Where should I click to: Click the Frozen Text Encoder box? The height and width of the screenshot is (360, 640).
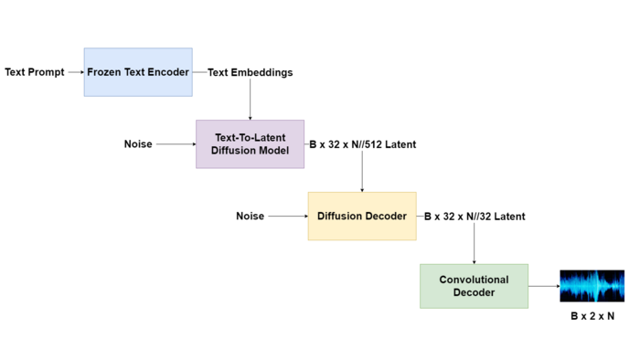pos(138,72)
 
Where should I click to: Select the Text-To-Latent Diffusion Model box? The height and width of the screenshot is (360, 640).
pos(250,143)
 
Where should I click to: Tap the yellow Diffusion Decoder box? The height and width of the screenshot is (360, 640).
pos(361,216)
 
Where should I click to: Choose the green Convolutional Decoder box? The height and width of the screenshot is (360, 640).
pos(474,286)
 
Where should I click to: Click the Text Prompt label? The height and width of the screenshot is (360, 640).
pos(35,72)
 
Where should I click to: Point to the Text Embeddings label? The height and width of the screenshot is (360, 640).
pos(250,72)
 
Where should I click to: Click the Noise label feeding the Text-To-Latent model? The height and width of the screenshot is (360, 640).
pos(138,143)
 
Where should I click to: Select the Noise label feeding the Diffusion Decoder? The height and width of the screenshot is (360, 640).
pos(250,216)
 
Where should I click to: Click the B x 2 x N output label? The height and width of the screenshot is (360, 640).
pos(592,316)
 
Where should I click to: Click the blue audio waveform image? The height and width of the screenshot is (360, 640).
pos(592,286)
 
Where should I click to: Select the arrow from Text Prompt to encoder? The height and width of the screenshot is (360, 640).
pos(75,72)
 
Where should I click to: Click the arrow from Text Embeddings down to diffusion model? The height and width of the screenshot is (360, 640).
pos(250,100)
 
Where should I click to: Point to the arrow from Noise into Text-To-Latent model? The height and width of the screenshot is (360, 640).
pos(176,143)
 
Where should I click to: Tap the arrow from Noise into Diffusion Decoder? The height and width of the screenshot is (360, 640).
pos(287,216)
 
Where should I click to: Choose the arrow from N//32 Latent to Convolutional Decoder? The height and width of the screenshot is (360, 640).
pos(474,242)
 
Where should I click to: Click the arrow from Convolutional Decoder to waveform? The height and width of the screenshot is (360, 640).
pos(543,286)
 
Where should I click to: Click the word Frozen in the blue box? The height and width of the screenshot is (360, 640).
pos(105,72)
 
